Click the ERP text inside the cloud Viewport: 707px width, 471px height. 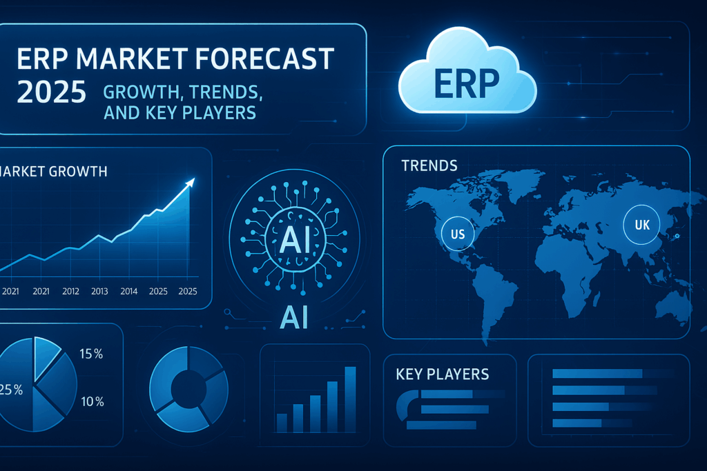coord(467,81)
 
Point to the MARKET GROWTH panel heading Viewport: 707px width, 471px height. coord(54,171)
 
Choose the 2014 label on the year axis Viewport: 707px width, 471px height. coord(128,291)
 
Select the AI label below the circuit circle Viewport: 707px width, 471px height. coord(293,317)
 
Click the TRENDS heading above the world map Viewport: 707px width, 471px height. coord(429,166)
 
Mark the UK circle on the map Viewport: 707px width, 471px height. coord(642,224)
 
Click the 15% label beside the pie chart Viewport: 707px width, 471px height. coord(91,354)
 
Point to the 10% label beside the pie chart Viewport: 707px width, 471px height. coord(91,401)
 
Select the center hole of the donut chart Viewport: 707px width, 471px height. coord(188,387)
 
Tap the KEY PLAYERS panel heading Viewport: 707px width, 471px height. coord(443,374)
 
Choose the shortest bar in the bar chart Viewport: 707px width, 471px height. coord(282,423)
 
